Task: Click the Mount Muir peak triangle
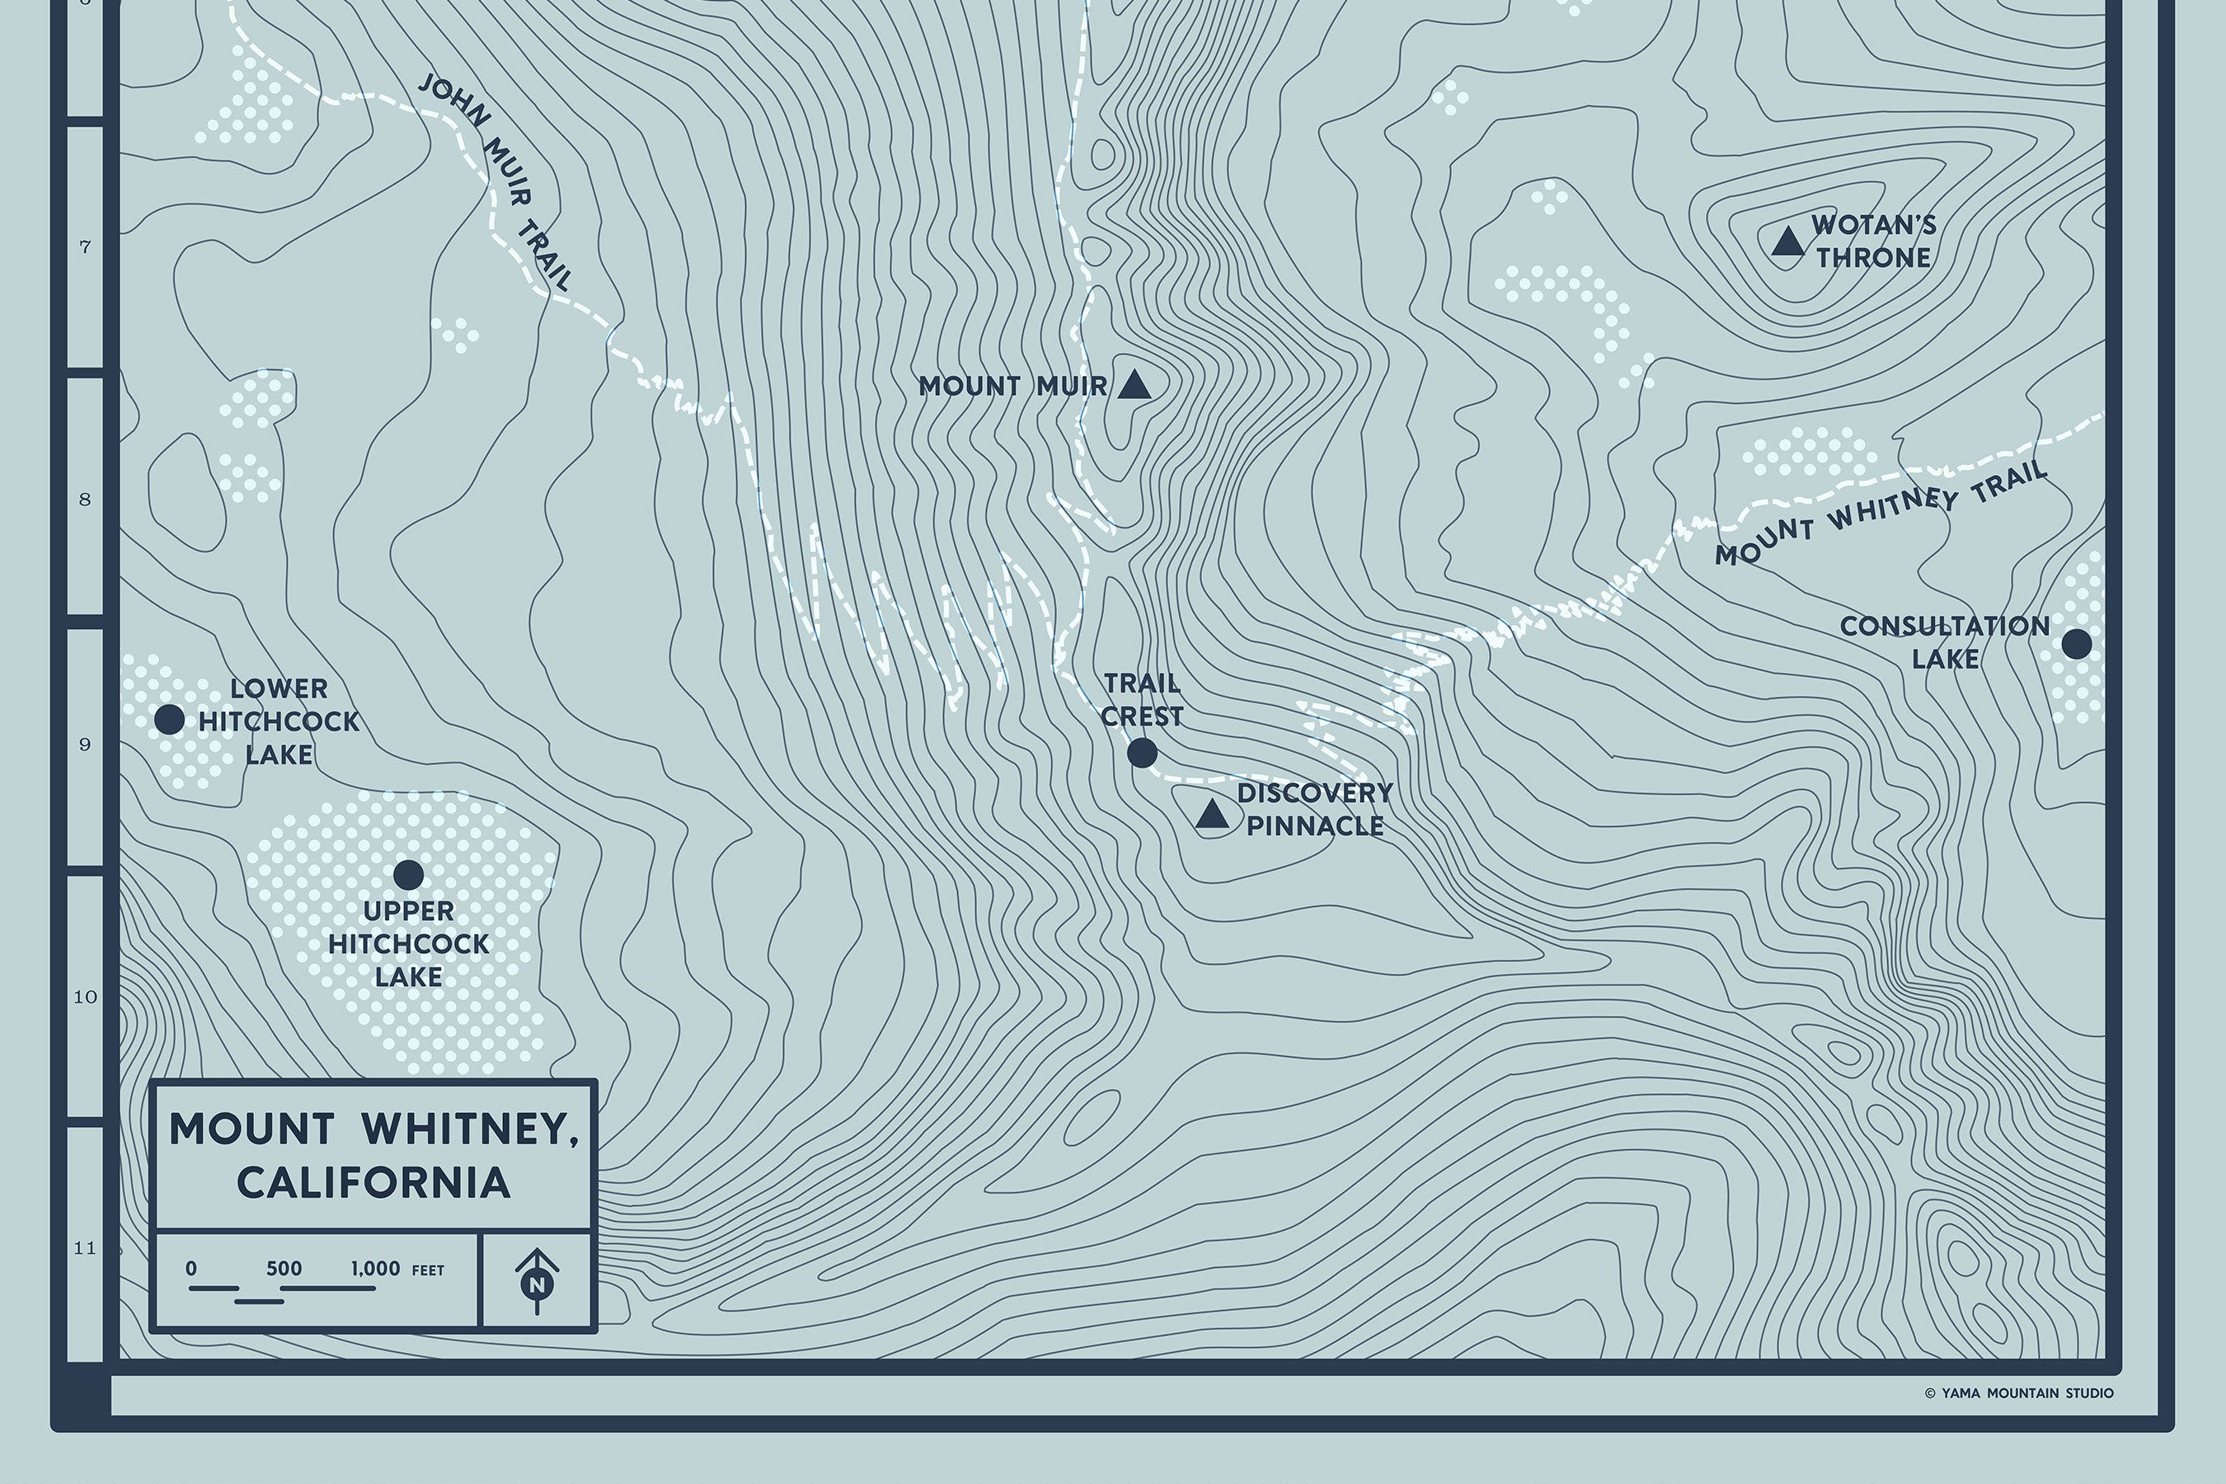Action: click(x=1134, y=386)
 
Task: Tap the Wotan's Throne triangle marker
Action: click(x=1787, y=242)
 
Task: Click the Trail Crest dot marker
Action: click(x=1143, y=754)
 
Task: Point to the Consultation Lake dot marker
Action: click(x=2077, y=645)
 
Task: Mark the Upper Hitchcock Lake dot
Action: click(x=408, y=875)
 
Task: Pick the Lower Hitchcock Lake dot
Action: click(x=169, y=719)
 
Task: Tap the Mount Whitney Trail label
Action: click(x=1881, y=516)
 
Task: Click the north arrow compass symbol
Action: click(x=538, y=1281)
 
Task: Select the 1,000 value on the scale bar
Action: click(x=376, y=1269)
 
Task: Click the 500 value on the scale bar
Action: click(x=284, y=1269)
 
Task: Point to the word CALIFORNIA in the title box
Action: click(x=373, y=1183)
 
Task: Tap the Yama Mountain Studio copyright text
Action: click(x=2019, y=1393)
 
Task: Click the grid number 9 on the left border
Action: click(x=85, y=744)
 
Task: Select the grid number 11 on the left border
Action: click(x=85, y=1248)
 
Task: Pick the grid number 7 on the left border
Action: click(x=85, y=248)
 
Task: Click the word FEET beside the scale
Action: click(x=428, y=1271)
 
